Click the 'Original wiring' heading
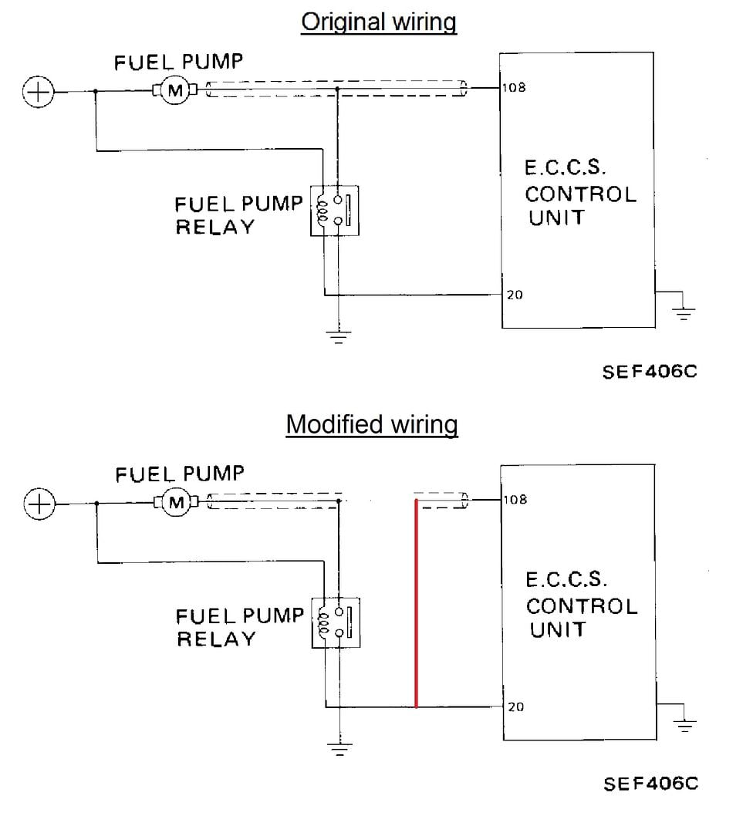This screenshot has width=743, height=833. (x=378, y=23)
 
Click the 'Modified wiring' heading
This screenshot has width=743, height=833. (x=372, y=425)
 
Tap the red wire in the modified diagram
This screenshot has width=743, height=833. (x=416, y=603)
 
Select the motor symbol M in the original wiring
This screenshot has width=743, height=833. (x=175, y=91)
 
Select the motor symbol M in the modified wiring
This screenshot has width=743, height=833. (x=177, y=503)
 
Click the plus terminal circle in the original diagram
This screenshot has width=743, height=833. (x=39, y=92)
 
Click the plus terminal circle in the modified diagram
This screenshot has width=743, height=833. (x=39, y=504)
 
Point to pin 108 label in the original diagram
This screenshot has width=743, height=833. (x=514, y=87)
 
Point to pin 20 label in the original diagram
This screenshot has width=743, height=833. (x=515, y=295)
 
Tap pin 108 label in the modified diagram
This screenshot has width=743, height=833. (x=515, y=499)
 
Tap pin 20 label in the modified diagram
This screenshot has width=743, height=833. (x=515, y=707)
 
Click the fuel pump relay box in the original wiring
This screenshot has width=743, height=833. (x=335, y=211)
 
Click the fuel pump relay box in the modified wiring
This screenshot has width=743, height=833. (x=336, y=622)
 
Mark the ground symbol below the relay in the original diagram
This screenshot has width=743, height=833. (x=339, y=337)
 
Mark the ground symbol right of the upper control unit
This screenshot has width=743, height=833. (x=684, y=313)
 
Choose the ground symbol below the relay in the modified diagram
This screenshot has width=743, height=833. (x=339, y=750)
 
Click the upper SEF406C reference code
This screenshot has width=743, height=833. (x=649, y=372)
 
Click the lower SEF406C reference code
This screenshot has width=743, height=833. (x=650, y=784)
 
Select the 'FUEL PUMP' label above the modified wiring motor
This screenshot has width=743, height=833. (x=180, y=474)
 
